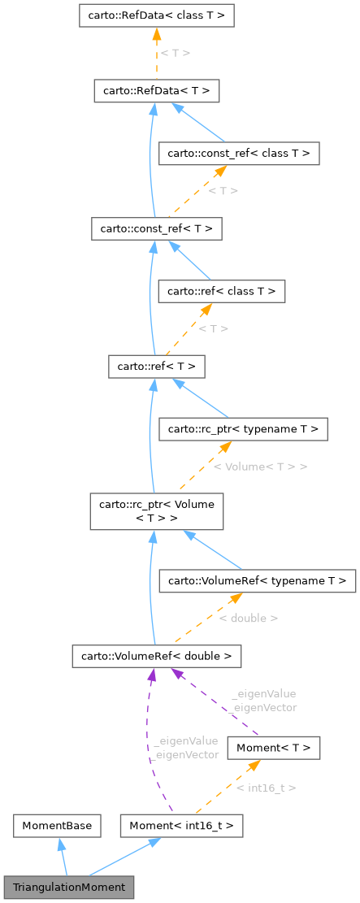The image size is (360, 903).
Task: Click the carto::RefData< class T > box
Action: tap(157, 15)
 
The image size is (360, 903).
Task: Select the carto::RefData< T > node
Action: tap(157, 90)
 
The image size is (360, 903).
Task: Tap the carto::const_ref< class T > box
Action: tap(239, 153)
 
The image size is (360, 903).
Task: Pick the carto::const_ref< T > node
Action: tap(157, 229)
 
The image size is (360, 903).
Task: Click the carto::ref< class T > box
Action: tap(221, 290)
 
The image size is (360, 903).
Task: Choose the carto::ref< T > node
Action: tap(156, 367)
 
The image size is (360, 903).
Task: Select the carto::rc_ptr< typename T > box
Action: tap(244, 428)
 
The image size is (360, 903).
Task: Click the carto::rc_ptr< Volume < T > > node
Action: tap(156, 510)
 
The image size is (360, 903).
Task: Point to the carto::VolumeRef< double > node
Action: tap(156, 654)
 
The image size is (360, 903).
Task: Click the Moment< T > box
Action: tap(274, 747)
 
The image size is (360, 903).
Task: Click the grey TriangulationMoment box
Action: tap(68, 887)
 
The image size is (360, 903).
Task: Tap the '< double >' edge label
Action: tap(248, 618)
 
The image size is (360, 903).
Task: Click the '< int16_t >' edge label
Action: tap(266, 787)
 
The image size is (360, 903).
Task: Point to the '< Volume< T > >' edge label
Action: tap(260, 467)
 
